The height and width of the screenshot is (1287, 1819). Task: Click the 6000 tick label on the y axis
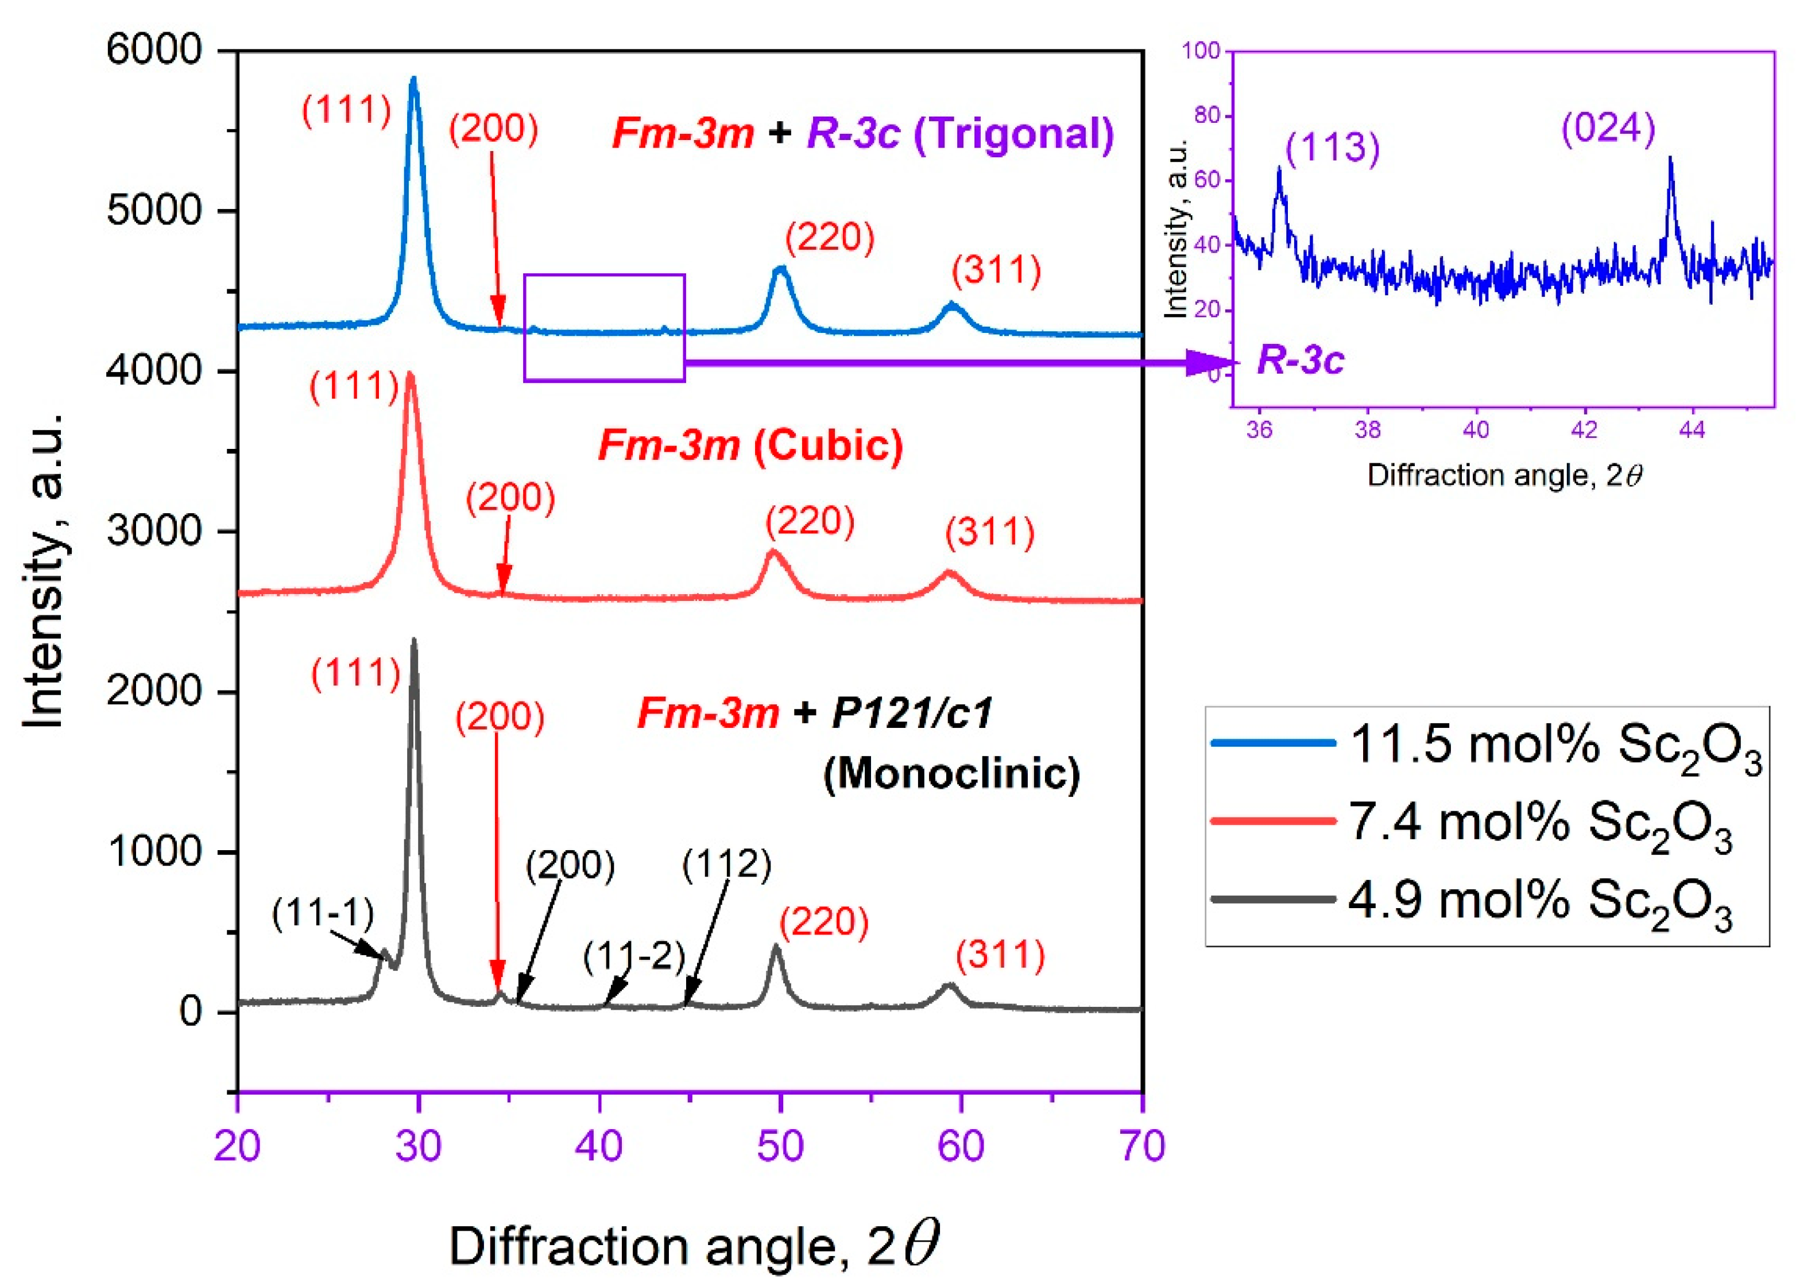[154, 50]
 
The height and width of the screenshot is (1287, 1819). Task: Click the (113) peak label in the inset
[1332, 148]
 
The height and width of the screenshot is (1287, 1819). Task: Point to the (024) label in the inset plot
[1608, 129]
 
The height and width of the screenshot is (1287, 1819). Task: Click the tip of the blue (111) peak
[413, 79]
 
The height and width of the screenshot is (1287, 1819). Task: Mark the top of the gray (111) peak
[413, 640]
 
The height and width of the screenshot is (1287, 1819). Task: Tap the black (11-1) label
[323, 914]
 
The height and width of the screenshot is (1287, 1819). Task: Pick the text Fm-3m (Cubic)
[750, 445]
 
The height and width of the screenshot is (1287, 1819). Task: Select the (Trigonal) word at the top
[1014, 133]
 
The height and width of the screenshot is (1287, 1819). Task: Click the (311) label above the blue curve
[996, 271]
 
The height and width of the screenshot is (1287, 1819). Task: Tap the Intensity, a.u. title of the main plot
[44, 570]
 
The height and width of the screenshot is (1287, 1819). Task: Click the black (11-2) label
[634, 958]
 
